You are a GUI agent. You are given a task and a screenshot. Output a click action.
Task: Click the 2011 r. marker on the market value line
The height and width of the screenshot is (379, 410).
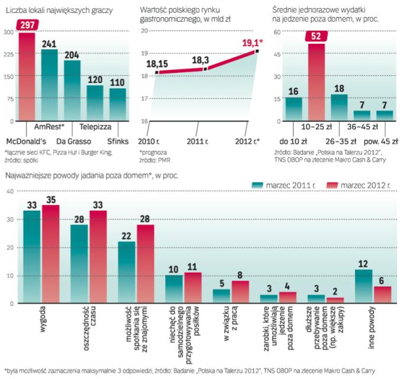click(x=205, y=69)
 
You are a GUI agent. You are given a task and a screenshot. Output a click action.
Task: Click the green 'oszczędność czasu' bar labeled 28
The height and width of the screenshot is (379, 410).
click(x=79, y=264)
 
